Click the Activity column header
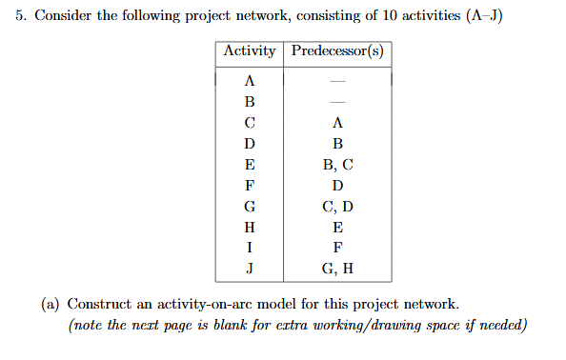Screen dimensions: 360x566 tap(250, 51)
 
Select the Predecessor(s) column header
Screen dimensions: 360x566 tap(337, 51)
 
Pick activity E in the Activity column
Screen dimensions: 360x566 tap(250, 164)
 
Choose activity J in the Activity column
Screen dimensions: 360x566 tap(250, 268)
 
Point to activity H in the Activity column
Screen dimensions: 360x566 tap(250, 227)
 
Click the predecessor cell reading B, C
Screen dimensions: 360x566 tap(337, 164)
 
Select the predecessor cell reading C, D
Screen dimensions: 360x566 tap(337, 206)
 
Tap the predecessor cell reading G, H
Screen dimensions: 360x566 tap(337, 268)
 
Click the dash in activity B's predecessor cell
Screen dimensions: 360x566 tap(337, 102)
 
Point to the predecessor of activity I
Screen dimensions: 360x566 tap(337, 248)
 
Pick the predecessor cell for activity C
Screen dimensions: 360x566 tap(337, 123)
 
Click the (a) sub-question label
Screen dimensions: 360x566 tap(51, 305)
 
